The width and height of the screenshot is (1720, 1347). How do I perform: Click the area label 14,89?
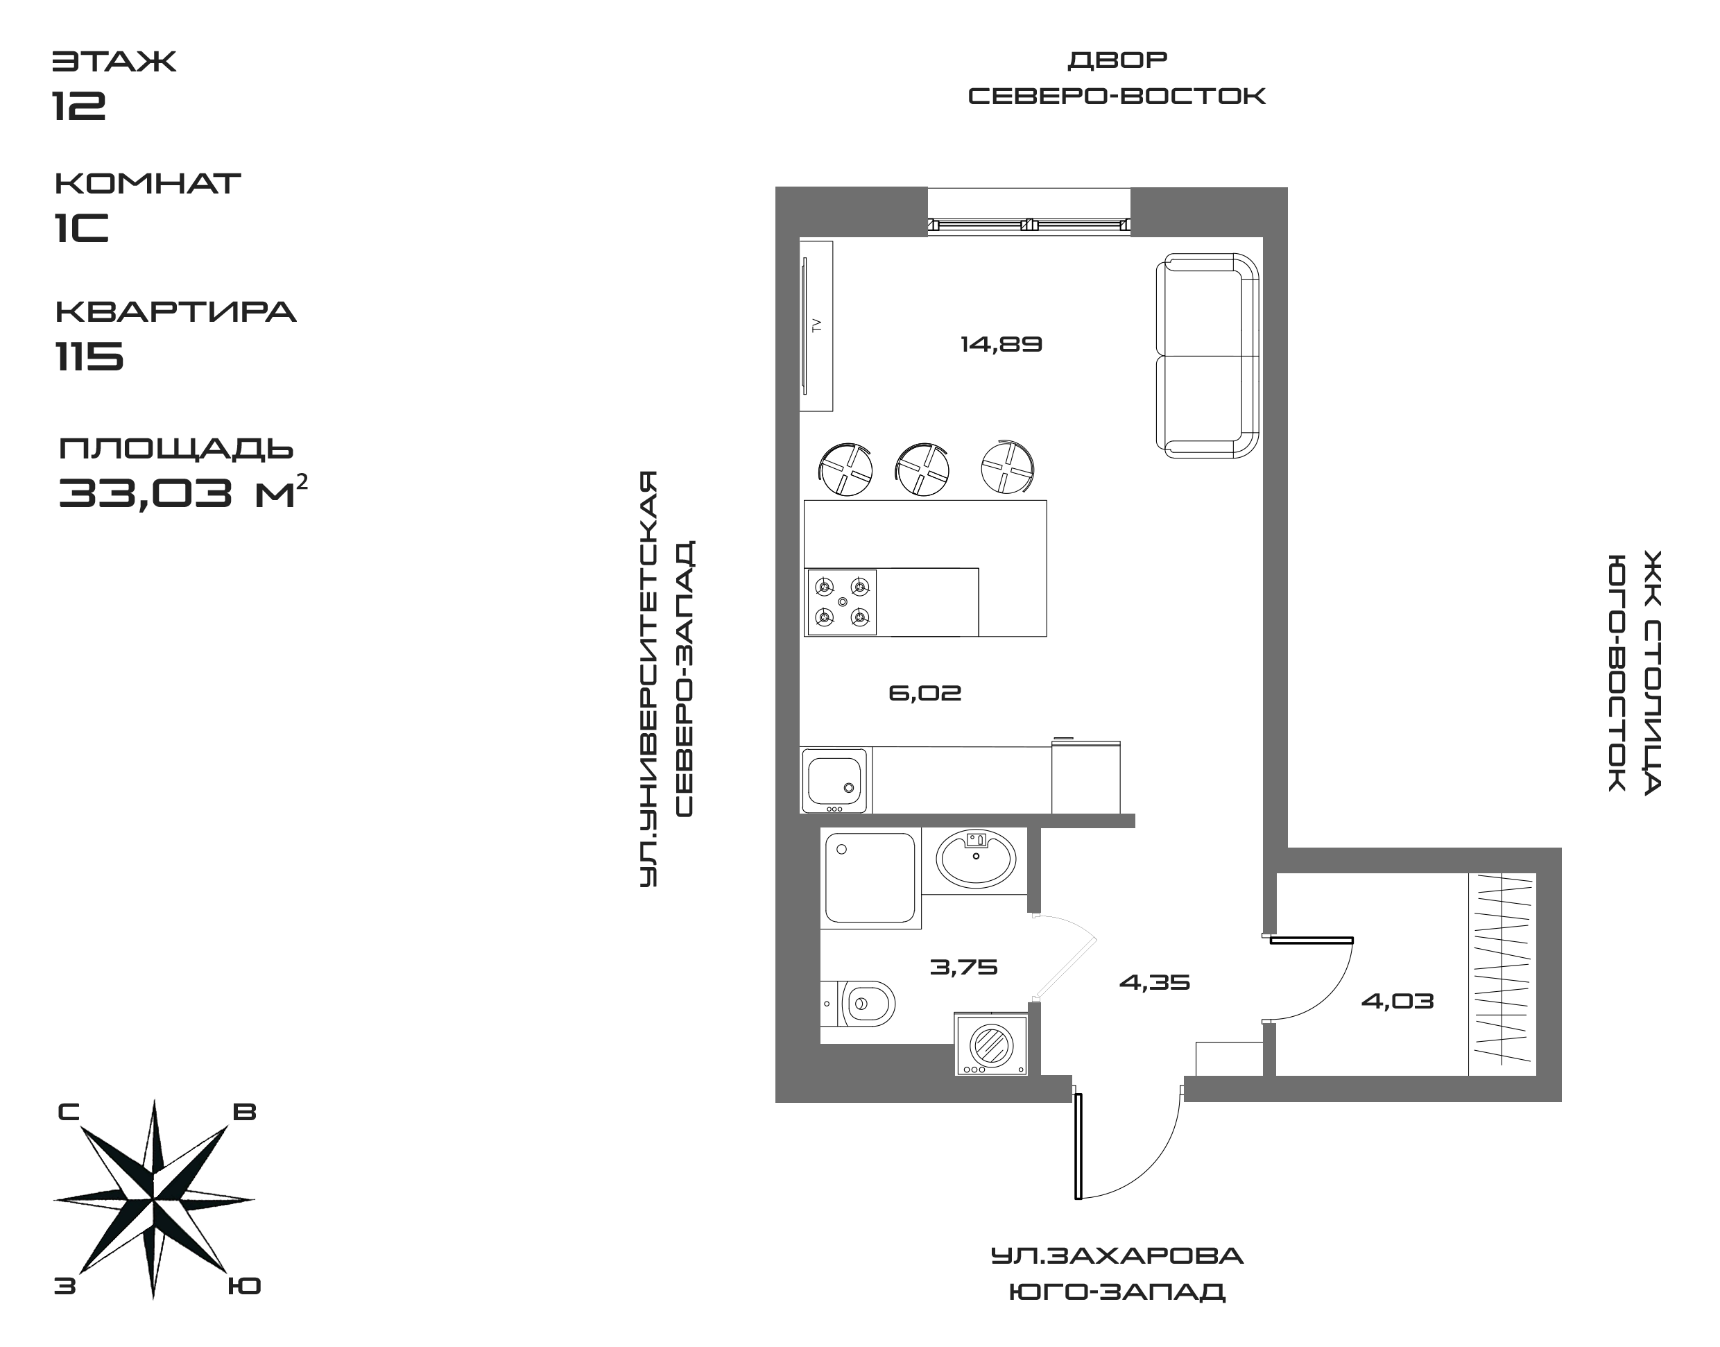click(x=1001, y=345)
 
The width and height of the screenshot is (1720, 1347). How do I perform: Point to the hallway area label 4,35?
click(x=1155, y=983)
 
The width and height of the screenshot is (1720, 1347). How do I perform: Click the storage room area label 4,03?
click(x=1397, y=1002)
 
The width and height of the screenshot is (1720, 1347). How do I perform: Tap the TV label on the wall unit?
click(x=817, y=324)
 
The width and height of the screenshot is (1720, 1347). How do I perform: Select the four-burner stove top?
click(x=841, y=602)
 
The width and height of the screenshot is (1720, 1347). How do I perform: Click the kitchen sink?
click(x=834, y=779)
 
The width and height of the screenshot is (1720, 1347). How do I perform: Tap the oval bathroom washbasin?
click(x=976, y=857)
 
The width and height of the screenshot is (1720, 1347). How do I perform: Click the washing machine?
click(x=991, y=1045)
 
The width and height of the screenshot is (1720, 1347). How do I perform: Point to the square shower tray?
click(x=870, y=877)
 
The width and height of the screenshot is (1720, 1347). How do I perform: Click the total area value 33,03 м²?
click(x=182, y=494)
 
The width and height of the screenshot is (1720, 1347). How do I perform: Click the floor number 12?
click(x=79, y=105)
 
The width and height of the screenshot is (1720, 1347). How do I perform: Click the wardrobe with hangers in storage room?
click(x=1502, y=974)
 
